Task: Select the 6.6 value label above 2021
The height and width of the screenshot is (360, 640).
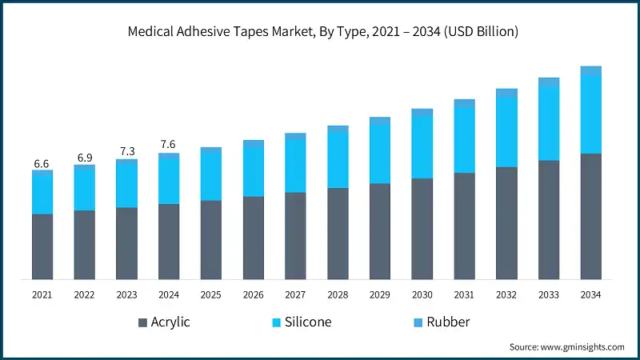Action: coord(42,164)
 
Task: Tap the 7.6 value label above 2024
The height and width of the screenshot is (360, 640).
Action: coord(168,145)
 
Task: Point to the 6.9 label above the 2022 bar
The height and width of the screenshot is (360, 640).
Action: coord(84,158)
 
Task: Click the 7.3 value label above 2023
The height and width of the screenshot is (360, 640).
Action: coord(126,151)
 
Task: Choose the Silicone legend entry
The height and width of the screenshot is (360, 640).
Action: coord(302,322)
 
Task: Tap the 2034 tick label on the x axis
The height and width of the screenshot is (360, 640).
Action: coord(590,295)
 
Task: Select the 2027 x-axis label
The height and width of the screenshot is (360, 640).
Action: coord(295,295)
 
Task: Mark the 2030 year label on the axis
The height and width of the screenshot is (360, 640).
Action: coord(422,295)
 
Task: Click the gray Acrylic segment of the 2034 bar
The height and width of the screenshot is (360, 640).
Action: coord(590,216)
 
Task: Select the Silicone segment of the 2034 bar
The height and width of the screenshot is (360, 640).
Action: coord(590,114)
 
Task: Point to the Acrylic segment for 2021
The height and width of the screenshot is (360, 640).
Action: coord(42,246)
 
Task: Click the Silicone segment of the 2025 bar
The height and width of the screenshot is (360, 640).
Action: coord(210,176)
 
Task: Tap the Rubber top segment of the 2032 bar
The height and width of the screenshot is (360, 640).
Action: coord(506,93)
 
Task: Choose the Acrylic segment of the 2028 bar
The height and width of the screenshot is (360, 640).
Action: coord(338,234)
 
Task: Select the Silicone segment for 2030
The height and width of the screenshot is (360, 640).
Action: coord(422,147)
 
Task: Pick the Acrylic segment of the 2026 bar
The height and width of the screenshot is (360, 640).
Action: coord(253,238)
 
